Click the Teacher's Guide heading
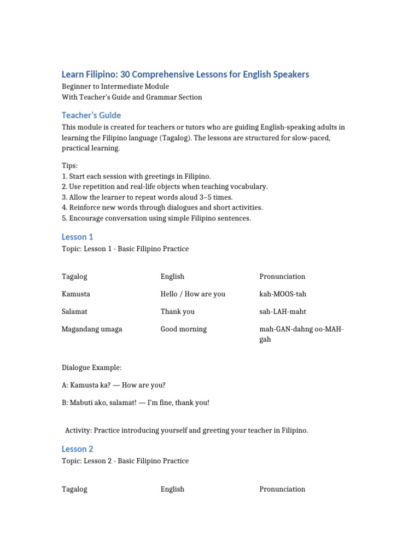point(91,115)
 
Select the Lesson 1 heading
point(77,237)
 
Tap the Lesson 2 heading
point(77,449)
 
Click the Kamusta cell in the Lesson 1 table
point(76,294)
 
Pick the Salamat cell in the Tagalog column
point(74,312)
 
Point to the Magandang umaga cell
point(92,329)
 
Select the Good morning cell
point(183,329)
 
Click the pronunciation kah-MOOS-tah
point(283,294)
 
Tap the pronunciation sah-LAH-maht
point(283,312)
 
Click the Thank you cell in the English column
point(177,312)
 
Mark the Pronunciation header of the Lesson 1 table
point(282,277)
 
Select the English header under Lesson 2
point(172,489)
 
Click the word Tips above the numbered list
point(69,166)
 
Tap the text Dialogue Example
point(91,367)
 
